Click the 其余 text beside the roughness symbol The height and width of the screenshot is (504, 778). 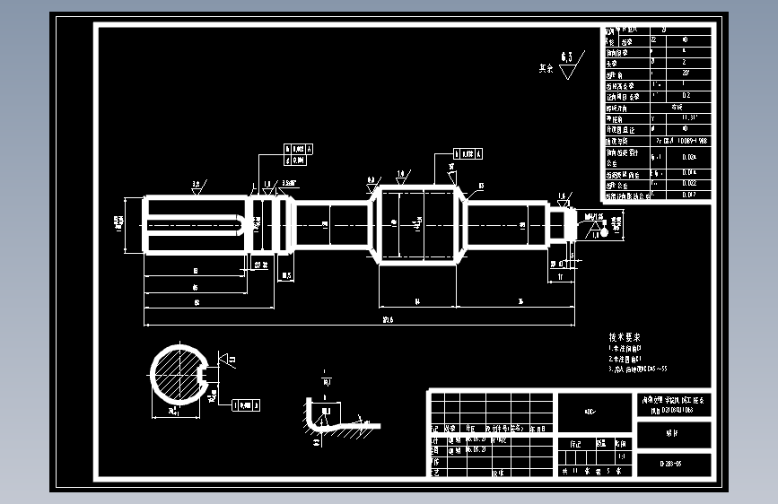545,67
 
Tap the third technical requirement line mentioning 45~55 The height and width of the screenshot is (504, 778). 638,369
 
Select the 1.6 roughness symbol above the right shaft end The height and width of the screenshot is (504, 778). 563,196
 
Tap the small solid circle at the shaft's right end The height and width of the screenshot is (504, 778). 605,232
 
